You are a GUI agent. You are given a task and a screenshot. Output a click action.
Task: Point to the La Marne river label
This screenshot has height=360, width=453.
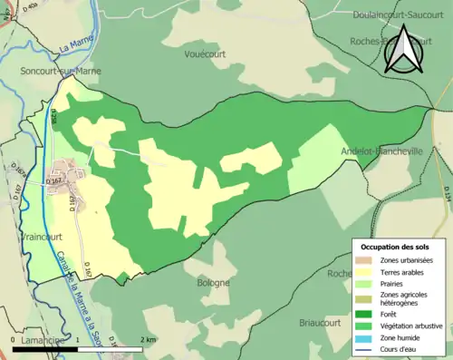pyautogui.click(x=76, y=44)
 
